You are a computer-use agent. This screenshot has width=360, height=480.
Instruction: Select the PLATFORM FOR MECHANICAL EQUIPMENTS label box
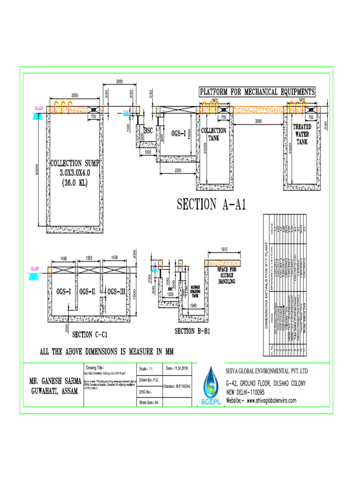(x=257, y=91)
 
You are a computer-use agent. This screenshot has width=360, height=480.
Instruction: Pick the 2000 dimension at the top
(x=119, y=82)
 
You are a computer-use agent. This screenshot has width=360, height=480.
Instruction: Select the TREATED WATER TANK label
(x=302, y=134)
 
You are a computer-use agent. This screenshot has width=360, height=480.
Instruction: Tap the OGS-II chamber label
(x=87, y=292)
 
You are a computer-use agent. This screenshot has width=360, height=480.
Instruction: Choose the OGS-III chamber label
(x=116, y=292)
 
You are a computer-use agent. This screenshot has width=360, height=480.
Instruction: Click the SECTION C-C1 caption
(x=90, y=334)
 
